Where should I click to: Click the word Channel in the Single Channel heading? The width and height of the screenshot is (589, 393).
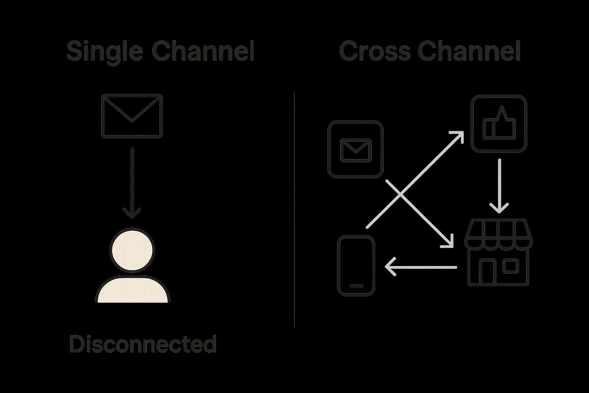203,51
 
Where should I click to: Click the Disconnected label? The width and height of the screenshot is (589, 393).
143,344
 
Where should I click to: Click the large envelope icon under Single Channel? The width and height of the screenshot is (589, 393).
132,116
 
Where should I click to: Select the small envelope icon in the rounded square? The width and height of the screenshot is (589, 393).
355,150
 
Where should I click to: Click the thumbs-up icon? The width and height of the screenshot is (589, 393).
499,124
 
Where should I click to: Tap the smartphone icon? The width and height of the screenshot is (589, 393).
356,266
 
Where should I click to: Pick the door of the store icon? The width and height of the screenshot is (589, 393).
487,271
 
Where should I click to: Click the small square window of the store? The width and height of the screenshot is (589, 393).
510,266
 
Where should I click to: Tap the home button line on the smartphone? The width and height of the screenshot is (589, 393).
356,286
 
